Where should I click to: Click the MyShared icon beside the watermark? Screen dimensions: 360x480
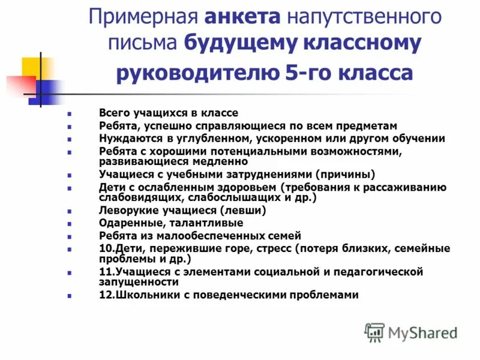pos(374,332)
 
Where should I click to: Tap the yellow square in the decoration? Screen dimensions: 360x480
pos(36,68)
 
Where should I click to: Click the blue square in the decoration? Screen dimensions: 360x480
pos(50,92)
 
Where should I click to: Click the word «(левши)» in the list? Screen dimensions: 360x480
pos(242,211)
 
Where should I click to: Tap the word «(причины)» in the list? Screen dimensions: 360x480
pos(340,175)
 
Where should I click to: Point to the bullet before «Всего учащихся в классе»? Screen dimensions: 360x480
pos(70,113)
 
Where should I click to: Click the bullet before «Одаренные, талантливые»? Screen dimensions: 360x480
pos(70,224)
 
